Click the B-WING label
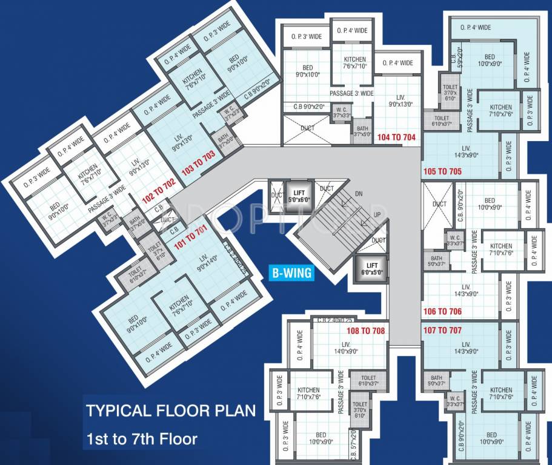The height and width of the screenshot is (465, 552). click(x=291, y=274)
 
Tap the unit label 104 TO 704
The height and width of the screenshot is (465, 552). click(x=396, y=137)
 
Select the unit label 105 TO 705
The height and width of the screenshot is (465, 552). click(x=443, y=171)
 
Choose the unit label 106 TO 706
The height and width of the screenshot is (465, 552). click(x=442, y=312)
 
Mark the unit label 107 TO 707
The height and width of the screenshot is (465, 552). click(x=442, y=331)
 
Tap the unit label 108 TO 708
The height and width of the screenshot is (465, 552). click(x=365, y=331)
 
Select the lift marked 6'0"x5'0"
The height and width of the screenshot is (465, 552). click(x=372, y=268)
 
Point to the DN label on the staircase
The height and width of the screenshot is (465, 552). click(x=359, y=195)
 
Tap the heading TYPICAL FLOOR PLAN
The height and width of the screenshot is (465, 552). click(x=170, y=411)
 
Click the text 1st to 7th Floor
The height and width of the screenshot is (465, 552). click(x=141, y=437)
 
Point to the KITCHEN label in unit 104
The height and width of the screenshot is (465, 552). click(x=354, y=63)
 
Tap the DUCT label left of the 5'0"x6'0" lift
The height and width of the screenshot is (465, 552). click(x=278, y=195)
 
